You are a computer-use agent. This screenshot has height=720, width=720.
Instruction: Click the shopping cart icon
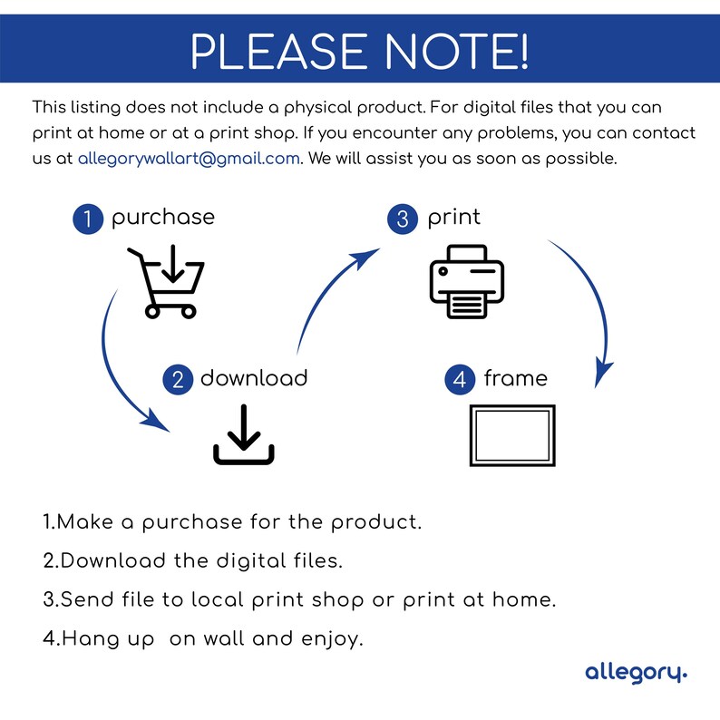[x=166, y=280]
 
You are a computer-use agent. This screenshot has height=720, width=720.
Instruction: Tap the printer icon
[x=466, y=281]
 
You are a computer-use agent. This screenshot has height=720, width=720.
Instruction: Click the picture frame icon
[x=512, y=436]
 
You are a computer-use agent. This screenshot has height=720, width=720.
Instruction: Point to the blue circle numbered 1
[x=88, y=219]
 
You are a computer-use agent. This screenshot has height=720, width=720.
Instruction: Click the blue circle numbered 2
[x=178, y=379]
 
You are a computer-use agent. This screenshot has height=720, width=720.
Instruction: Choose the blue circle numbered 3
[x=403, y=219]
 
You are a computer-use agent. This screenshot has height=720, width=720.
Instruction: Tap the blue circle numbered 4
[x=460, y=379]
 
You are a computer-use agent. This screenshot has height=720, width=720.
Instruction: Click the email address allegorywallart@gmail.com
[x=189, y=158]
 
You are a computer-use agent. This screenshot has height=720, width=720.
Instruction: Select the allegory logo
[x=636, y=672]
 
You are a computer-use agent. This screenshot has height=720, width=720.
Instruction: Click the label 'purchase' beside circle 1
[x=163, y=218]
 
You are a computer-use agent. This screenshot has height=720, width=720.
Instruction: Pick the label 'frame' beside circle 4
[x=515, y=377]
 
